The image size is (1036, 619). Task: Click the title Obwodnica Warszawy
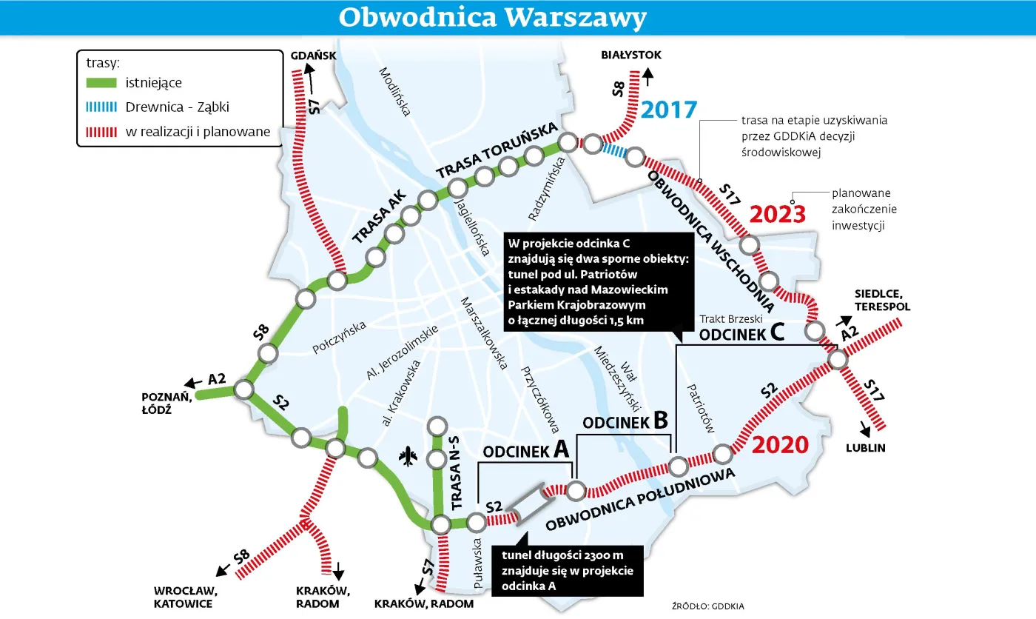pos(492,17)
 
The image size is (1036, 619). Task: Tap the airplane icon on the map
pos(407,457)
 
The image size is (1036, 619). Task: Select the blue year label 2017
pos(669,110)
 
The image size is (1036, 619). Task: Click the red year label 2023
pos(777,215)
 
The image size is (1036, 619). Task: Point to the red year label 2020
pos(780,444)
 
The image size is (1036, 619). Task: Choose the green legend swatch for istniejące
pos(101,84)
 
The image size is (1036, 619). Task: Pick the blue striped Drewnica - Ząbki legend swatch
pos(101,107)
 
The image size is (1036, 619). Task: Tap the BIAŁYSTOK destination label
pos(631,56)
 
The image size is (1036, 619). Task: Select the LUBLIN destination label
pos(866,448)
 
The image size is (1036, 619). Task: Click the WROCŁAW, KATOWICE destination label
pos(184,597)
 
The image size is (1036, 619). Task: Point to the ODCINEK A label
pos(525,450)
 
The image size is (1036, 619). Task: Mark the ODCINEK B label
pos(625,422)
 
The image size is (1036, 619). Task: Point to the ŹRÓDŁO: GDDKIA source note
pos(707,605)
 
